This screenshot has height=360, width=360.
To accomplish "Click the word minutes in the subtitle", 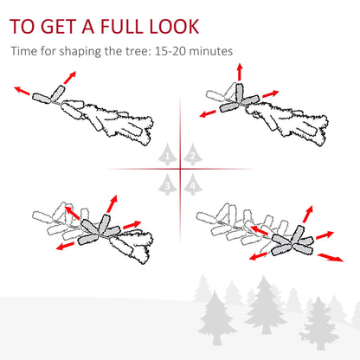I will pos(212,51).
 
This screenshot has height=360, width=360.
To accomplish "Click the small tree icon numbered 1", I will pos(168,156).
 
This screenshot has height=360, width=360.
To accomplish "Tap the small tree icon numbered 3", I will pos(168,183).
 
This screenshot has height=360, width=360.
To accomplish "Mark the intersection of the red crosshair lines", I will pos(180,169).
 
